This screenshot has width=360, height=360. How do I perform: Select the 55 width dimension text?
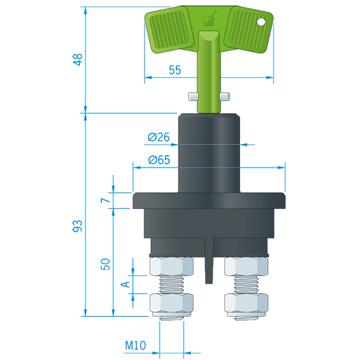(x=175, y=70)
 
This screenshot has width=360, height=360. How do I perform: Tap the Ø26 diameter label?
(x=158, y=137)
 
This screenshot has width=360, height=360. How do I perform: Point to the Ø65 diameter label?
(x=158, y=160)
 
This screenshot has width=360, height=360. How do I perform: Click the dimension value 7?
(x=105, y=200)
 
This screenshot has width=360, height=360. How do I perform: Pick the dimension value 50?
(x=105, y=264)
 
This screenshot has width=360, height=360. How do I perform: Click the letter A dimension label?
(x=123, y=284)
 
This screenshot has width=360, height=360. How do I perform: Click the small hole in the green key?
(x=262, y=22)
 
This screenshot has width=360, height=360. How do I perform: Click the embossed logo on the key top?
(x=208, y=21)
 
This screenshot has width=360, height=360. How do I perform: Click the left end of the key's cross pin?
(x=192, y=96)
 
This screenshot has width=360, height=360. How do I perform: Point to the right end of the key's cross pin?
(x=224, y=96)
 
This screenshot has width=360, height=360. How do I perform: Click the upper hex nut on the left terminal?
(x=171, y=266)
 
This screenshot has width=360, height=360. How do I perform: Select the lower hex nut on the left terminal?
(x=171, y=304)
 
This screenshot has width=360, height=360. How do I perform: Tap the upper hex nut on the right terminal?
(x=247, y=266)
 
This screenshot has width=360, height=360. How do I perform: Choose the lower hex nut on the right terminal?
(x=247, y=304)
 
